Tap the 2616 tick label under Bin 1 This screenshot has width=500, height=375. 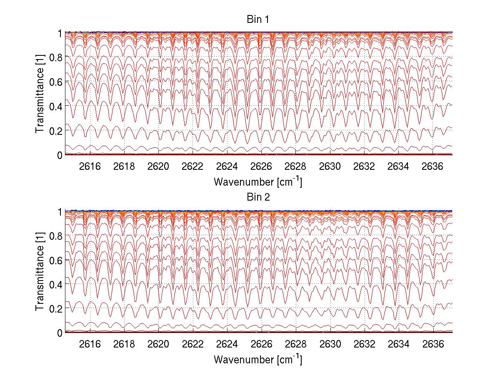point(90,166)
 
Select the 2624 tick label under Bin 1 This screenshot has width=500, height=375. point(227,166)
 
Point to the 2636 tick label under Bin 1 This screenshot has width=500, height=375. point(433,166)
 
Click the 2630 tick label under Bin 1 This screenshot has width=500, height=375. point(330,166)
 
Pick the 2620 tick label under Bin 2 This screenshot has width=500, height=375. point(158,344)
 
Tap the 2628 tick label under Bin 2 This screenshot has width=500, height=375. point(296,344)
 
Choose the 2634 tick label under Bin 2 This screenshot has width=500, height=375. point(399,344)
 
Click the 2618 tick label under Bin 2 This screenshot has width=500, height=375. point(124,344)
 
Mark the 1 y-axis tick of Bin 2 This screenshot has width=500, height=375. point(60,211)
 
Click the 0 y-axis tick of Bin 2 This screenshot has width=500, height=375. point(60,333)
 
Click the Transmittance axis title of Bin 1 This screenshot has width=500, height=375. point(40,93)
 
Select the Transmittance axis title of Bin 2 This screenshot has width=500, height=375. point(40,271)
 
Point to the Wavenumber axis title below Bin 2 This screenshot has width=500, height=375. point(258,359)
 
